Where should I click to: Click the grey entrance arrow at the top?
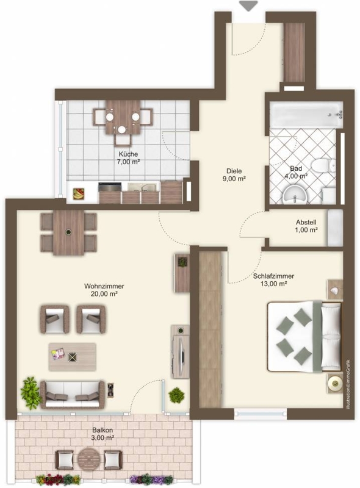coord(248,6)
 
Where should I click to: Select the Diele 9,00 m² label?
coord(234,174)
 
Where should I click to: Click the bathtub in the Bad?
coord(306,115)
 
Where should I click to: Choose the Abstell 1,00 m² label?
coord(306,226)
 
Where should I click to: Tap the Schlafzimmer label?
coord(273,276)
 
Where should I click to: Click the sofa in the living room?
coord(72,394)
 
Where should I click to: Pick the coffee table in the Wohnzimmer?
coord(72,357)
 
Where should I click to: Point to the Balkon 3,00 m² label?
coord(103,434)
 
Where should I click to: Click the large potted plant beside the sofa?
coord(30,393)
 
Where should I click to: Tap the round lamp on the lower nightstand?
coord(335,384)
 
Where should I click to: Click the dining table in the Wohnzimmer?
coord(68,233)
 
